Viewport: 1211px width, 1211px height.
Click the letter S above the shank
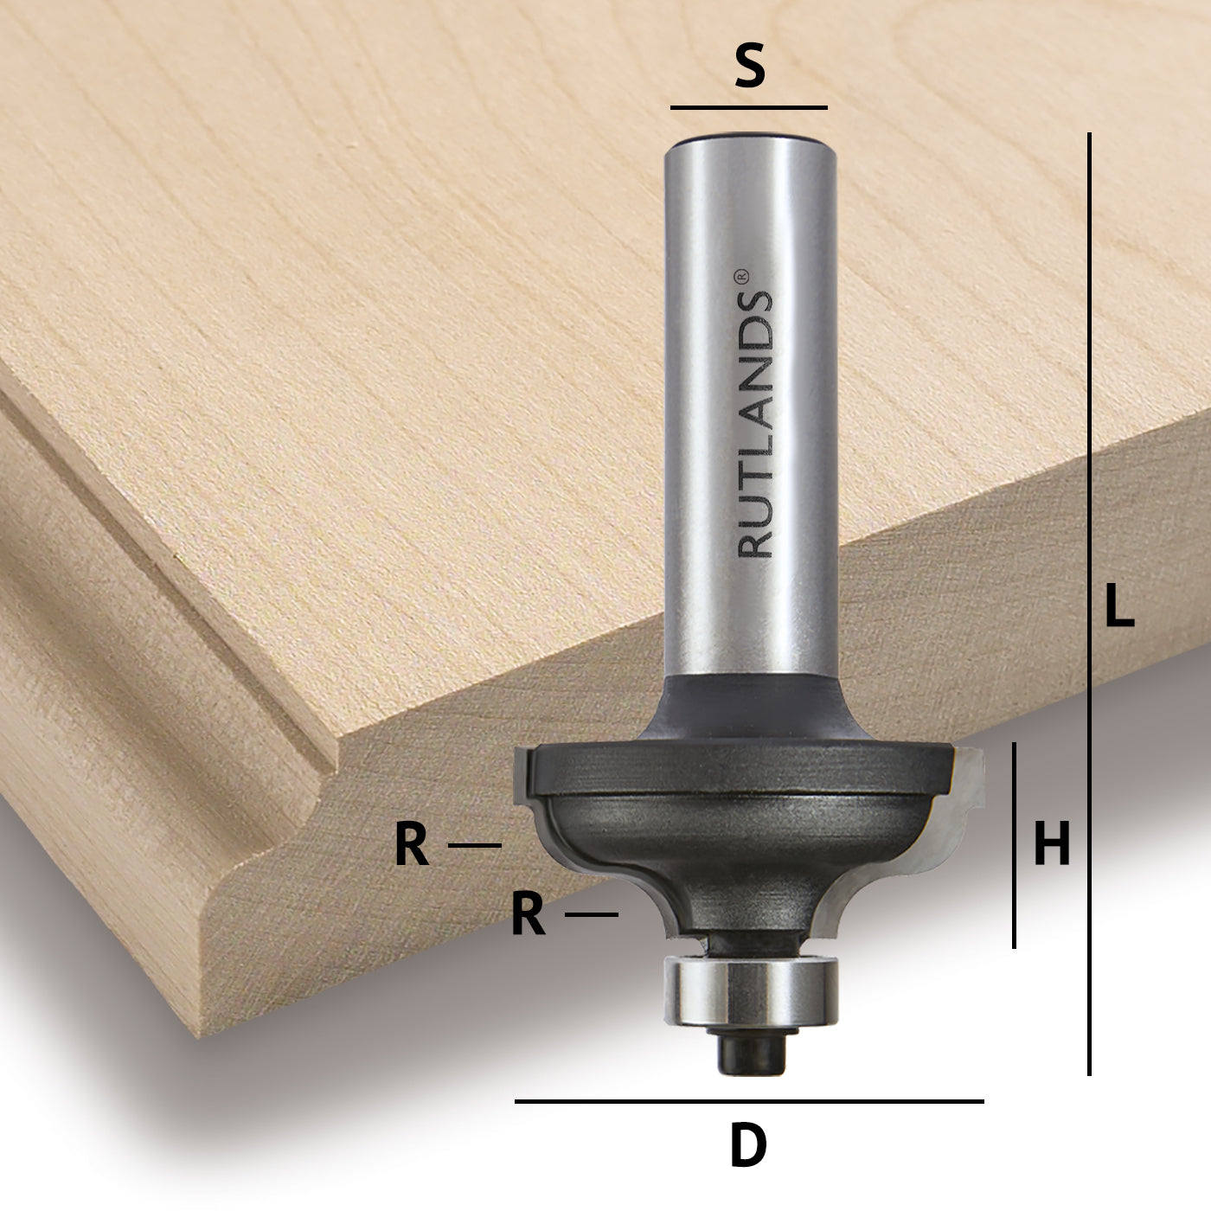pyautogui.click(x=750, y=68)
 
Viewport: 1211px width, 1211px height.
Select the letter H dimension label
pyautogui.click(x=1052, y=844)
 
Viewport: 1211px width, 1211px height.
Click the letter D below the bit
pyautogui.click(x=748, y=1147)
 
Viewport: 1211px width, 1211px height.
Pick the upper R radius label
pyautogui.click(x=412, y=845)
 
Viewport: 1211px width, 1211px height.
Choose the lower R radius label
pyautogui.click(x=528, y=915)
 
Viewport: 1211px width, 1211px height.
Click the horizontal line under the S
pyautogui.click(x=748, y=108)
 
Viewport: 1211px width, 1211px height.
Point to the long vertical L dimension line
pyautogui.click(x=1089, y=605)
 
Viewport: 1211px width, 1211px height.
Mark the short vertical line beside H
pyautogui.click(x=1014, y=844)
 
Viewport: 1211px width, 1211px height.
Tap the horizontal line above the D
pyautogui.click(x=748, y=1101)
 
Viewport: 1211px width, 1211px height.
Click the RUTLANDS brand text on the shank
pyautogui.click(x=755, y=424)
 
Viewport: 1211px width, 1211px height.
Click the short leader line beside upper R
pyautogui.click(x=474, y=845)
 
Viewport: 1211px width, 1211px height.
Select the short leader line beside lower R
pyautogui.click(x=592, y=914)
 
